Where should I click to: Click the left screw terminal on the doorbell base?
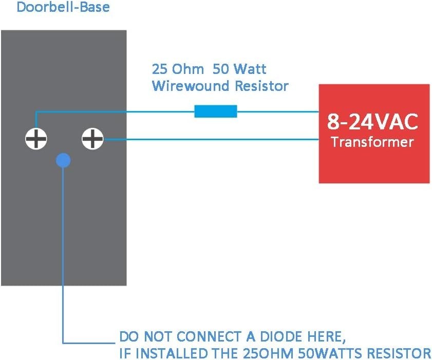point(36,139)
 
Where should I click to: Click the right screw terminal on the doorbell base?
point(92,139)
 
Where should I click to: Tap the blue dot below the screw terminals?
point(63,160)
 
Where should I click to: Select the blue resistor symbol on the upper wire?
point(216,111)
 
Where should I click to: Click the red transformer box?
point(374,134)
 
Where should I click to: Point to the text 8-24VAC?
point(372,122)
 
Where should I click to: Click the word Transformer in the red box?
point(372,142)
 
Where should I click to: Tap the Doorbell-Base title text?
point(63,7)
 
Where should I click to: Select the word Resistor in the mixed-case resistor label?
point(262,86)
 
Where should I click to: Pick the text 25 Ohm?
point(178,69)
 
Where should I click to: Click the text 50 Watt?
point(239,69)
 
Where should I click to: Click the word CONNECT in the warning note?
point(209,336)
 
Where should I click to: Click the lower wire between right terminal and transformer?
point(211,139)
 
